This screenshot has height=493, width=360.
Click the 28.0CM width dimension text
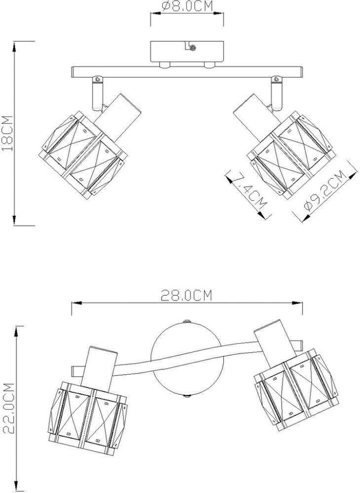pyautogui.click(x=187, y=296)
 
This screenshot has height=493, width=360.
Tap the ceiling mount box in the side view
pyautogui.click(x=187, y=52)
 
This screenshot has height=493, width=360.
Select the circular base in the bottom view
pyautogui.click(x=186, y=358)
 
